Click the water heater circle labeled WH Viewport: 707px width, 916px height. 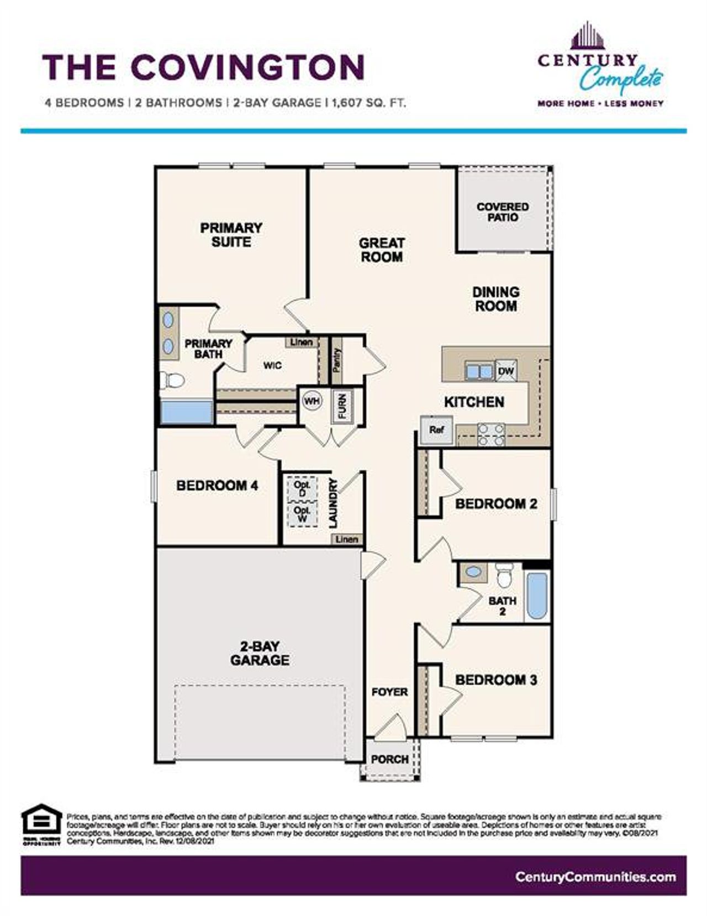[x=312, y=402]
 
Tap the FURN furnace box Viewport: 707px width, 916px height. [x=342, y=407]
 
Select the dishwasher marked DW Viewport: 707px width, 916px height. [x=505, y=371]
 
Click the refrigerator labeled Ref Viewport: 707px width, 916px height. [x=436, y=429]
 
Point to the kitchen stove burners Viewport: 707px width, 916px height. [x=491, y=434]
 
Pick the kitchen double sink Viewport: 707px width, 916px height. [x=478, y=371]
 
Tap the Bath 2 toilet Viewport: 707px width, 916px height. [x=504, y=575]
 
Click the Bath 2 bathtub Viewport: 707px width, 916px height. [x=536, y=595]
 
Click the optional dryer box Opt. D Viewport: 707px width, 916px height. [x=302, y=488]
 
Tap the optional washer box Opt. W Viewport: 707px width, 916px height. [x=302, y=515]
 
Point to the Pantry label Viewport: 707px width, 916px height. [x=337, y=360]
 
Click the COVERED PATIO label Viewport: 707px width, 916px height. [x=503, y=212]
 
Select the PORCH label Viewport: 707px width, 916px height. [x=389, y=759]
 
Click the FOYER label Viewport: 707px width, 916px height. [x=389, y=692]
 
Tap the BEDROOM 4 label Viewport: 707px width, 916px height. [x=217, y=486]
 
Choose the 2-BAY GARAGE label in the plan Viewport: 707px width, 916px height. [x=260, y=653]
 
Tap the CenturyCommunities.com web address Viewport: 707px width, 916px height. [x=595, y=877]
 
